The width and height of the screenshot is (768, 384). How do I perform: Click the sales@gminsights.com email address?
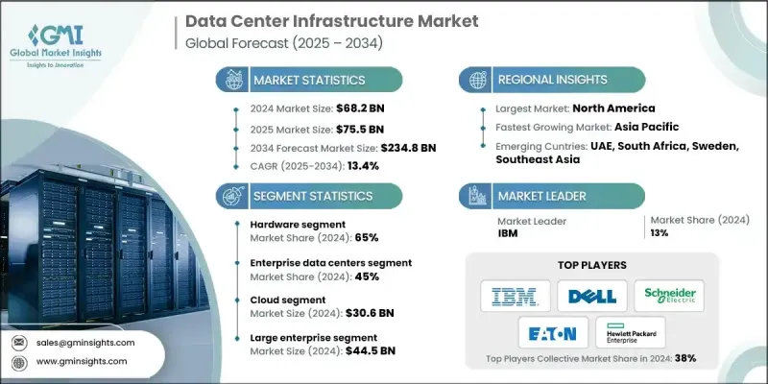pos(90,342)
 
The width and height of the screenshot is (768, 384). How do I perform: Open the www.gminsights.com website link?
pos(88,360)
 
